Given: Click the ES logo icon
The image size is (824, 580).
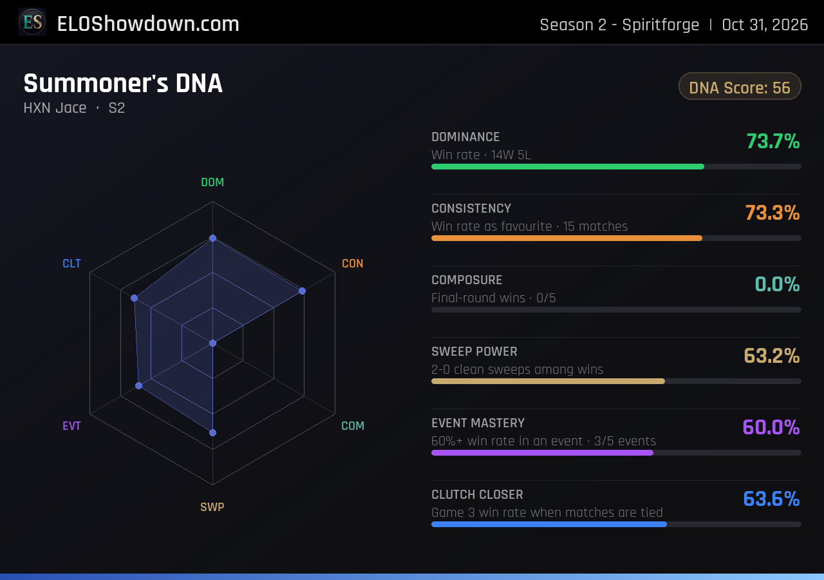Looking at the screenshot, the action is [32, 22].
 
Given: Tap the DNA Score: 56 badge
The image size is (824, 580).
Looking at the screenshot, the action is [740, 86].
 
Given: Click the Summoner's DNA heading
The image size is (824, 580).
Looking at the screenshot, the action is [123, 83].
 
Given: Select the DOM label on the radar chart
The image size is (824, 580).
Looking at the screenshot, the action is [212, 182].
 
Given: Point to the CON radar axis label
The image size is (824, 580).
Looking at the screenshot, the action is [352, 264].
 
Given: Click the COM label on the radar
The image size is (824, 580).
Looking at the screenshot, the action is [352, 426].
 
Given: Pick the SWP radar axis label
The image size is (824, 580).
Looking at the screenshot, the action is [212, 507].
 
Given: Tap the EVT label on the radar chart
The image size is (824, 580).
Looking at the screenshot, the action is [71, 426].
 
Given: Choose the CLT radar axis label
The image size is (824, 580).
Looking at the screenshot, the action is [71, 264].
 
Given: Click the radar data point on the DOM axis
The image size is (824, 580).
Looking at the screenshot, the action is [212, 238].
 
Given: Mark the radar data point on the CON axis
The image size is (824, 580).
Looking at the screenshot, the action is [302, 291].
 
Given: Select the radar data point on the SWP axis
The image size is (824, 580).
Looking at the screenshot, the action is [212, 432].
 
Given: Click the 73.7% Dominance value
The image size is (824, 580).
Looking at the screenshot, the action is [773, 141].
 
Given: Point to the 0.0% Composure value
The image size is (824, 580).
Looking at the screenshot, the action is [777, 284].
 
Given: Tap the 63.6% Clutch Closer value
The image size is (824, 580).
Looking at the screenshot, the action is [771, 499].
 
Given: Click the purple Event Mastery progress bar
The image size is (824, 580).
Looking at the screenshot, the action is [542, 452].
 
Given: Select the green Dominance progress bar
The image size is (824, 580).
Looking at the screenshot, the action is [568, 167].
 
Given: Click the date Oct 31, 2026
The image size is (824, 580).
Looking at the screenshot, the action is [765, 25].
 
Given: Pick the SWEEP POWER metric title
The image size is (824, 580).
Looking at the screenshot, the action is [474, 352].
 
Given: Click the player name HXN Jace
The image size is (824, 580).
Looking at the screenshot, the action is [55, 108].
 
